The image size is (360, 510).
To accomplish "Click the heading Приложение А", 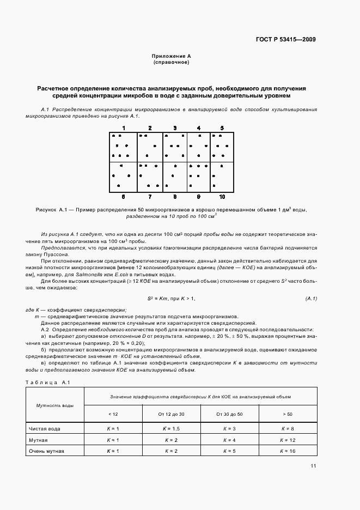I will (172, 56).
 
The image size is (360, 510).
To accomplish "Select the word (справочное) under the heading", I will (172, 62).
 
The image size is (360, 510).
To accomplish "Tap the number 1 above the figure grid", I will (124, 128).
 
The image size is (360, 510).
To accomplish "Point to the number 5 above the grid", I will (222, 128).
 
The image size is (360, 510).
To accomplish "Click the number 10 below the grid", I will (222, 196).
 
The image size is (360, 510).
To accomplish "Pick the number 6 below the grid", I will (124, 196).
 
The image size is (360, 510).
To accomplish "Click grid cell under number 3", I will (174, 147).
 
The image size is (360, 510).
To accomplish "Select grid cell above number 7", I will (149, 177).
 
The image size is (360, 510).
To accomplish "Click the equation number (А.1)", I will (312, 299).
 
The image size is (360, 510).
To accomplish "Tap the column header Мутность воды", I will (55, 405).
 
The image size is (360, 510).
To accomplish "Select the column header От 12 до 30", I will (171, 414).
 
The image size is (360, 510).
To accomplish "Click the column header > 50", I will (288, 414).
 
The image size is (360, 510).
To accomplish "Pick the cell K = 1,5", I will (171, 429).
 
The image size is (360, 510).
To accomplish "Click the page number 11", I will (313, 466).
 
